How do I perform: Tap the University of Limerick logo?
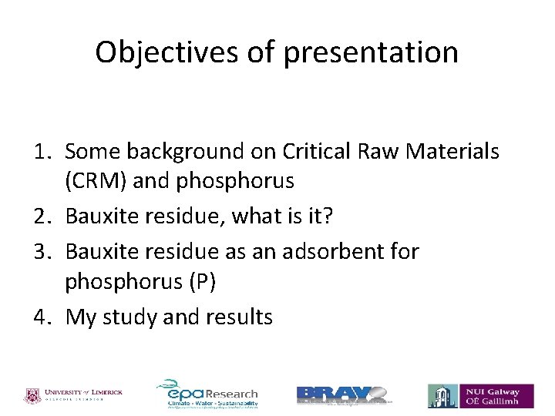74,395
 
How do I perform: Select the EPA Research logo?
208,394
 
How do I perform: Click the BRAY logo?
343,394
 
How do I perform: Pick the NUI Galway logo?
479,395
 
